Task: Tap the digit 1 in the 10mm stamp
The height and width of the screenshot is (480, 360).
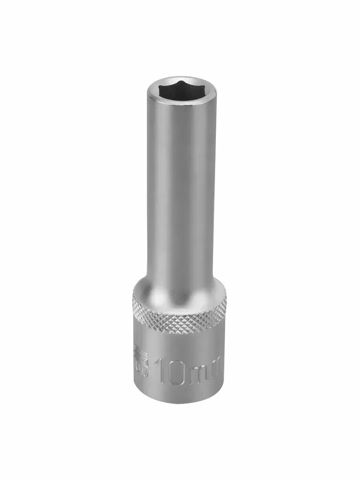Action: [161, 371]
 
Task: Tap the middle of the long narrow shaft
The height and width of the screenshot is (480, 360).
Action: [180, 188]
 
